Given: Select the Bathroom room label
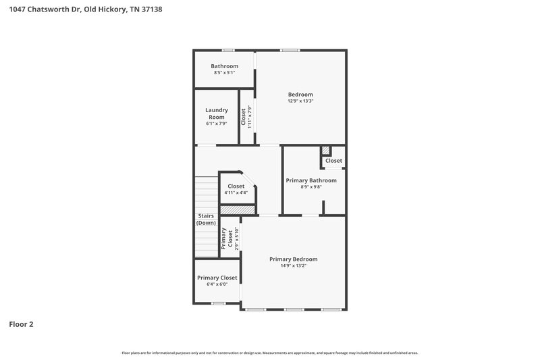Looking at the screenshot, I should tap(224, 66).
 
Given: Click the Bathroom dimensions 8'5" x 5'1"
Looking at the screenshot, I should tap(224, 73).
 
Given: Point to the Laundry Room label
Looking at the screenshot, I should tap(217, 113).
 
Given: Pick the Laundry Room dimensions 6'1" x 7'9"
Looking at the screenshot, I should tap(217, 124).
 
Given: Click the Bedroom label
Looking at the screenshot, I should tap(300, 95).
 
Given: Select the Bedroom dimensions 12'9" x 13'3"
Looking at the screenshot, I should tap(300, 101).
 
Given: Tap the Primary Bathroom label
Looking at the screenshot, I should tap(311, 180).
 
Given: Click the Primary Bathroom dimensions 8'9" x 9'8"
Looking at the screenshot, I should tap(311, 187).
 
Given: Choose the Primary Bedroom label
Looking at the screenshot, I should tap(293, 259).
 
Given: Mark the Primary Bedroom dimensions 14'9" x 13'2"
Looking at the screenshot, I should tap(293, 266).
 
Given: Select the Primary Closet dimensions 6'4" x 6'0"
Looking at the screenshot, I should tap(217, 284).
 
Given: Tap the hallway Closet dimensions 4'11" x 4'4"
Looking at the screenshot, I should tap(236, 193).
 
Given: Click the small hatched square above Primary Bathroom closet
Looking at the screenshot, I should tap(326, 151).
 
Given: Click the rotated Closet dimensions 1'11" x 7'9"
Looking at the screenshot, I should tap(249, 118).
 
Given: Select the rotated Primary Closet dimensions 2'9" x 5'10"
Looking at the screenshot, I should tap(237, 238).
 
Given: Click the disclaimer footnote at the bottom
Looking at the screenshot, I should tap(270, 353).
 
